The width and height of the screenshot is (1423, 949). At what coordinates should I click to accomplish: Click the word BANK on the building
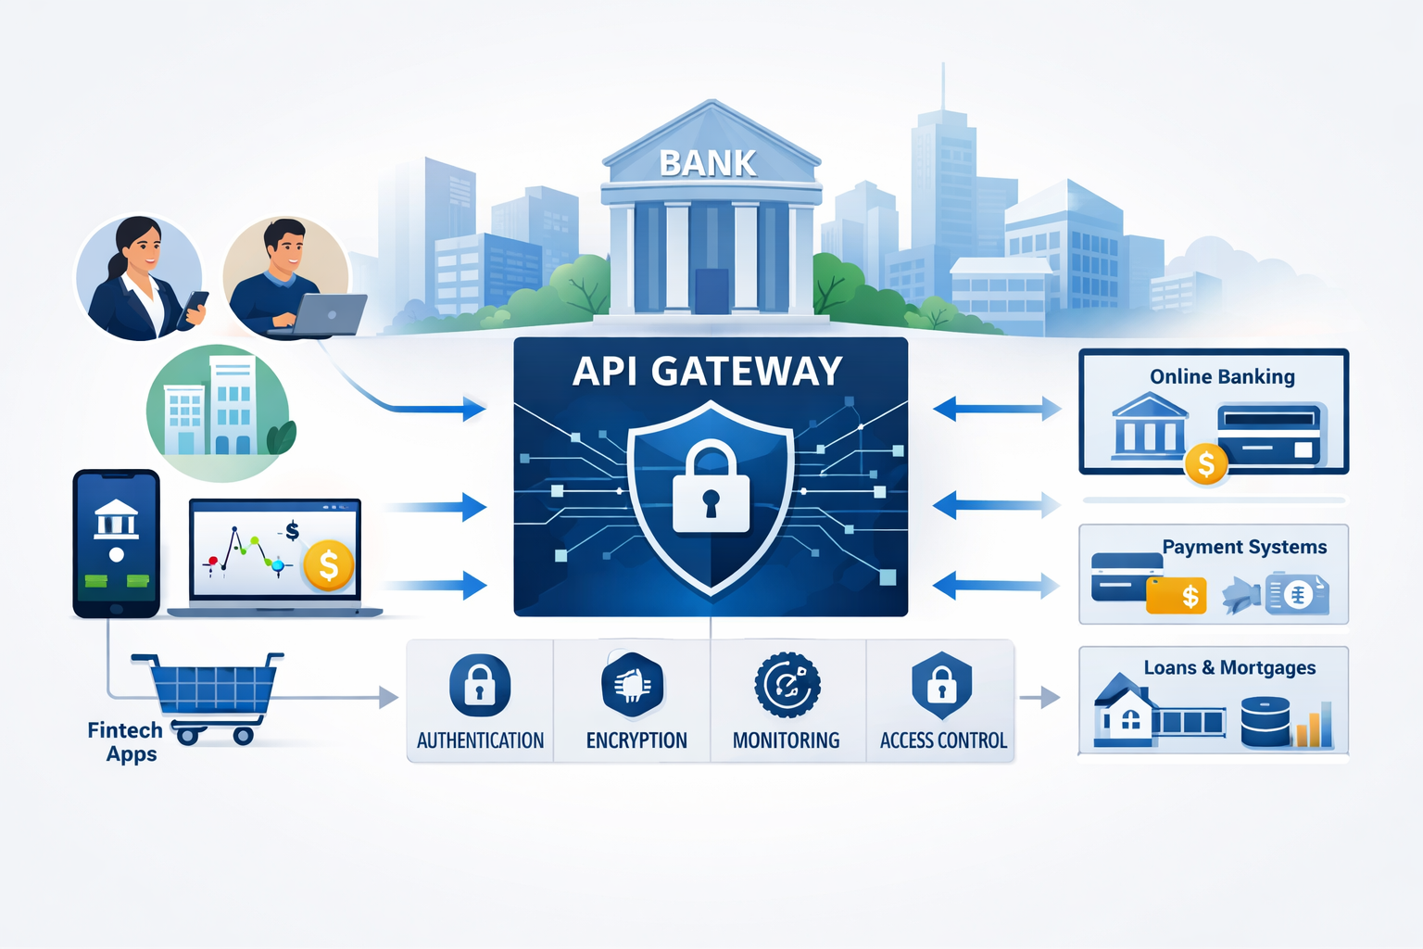pos(708,164)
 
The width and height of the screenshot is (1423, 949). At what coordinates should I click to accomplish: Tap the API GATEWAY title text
pos(708,372)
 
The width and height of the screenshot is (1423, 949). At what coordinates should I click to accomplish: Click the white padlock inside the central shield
pos(711,488)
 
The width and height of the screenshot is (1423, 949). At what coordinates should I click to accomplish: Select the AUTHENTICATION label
pos(480,740)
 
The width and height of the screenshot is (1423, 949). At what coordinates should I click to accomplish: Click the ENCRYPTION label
pos(636,740)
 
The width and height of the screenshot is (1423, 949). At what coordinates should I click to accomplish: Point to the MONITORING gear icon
pos(787,686)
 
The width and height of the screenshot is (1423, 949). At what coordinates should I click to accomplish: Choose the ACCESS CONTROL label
pos(943,740)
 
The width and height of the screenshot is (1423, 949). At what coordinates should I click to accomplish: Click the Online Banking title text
pos(1222,376)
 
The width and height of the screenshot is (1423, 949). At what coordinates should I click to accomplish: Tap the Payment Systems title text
pos(1244,547)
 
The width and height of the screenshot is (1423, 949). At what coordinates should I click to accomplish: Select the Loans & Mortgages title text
pos(1229,667)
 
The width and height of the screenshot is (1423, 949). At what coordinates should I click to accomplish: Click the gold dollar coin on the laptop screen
pos(328,565)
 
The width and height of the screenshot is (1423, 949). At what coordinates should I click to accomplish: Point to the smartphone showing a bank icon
pos(117,542)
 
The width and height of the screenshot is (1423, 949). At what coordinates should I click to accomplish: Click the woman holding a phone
pos(139,278)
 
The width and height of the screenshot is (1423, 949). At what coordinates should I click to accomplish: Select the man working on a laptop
pos(286,278)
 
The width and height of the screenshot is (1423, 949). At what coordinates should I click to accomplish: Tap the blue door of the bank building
pos(711,290)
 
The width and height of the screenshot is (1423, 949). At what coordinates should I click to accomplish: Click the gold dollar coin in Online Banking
pos(1205,463)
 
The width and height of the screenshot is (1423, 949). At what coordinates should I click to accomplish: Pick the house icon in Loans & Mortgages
pos(1125,714)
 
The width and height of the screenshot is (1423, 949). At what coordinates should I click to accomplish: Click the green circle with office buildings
pos(219,413)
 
